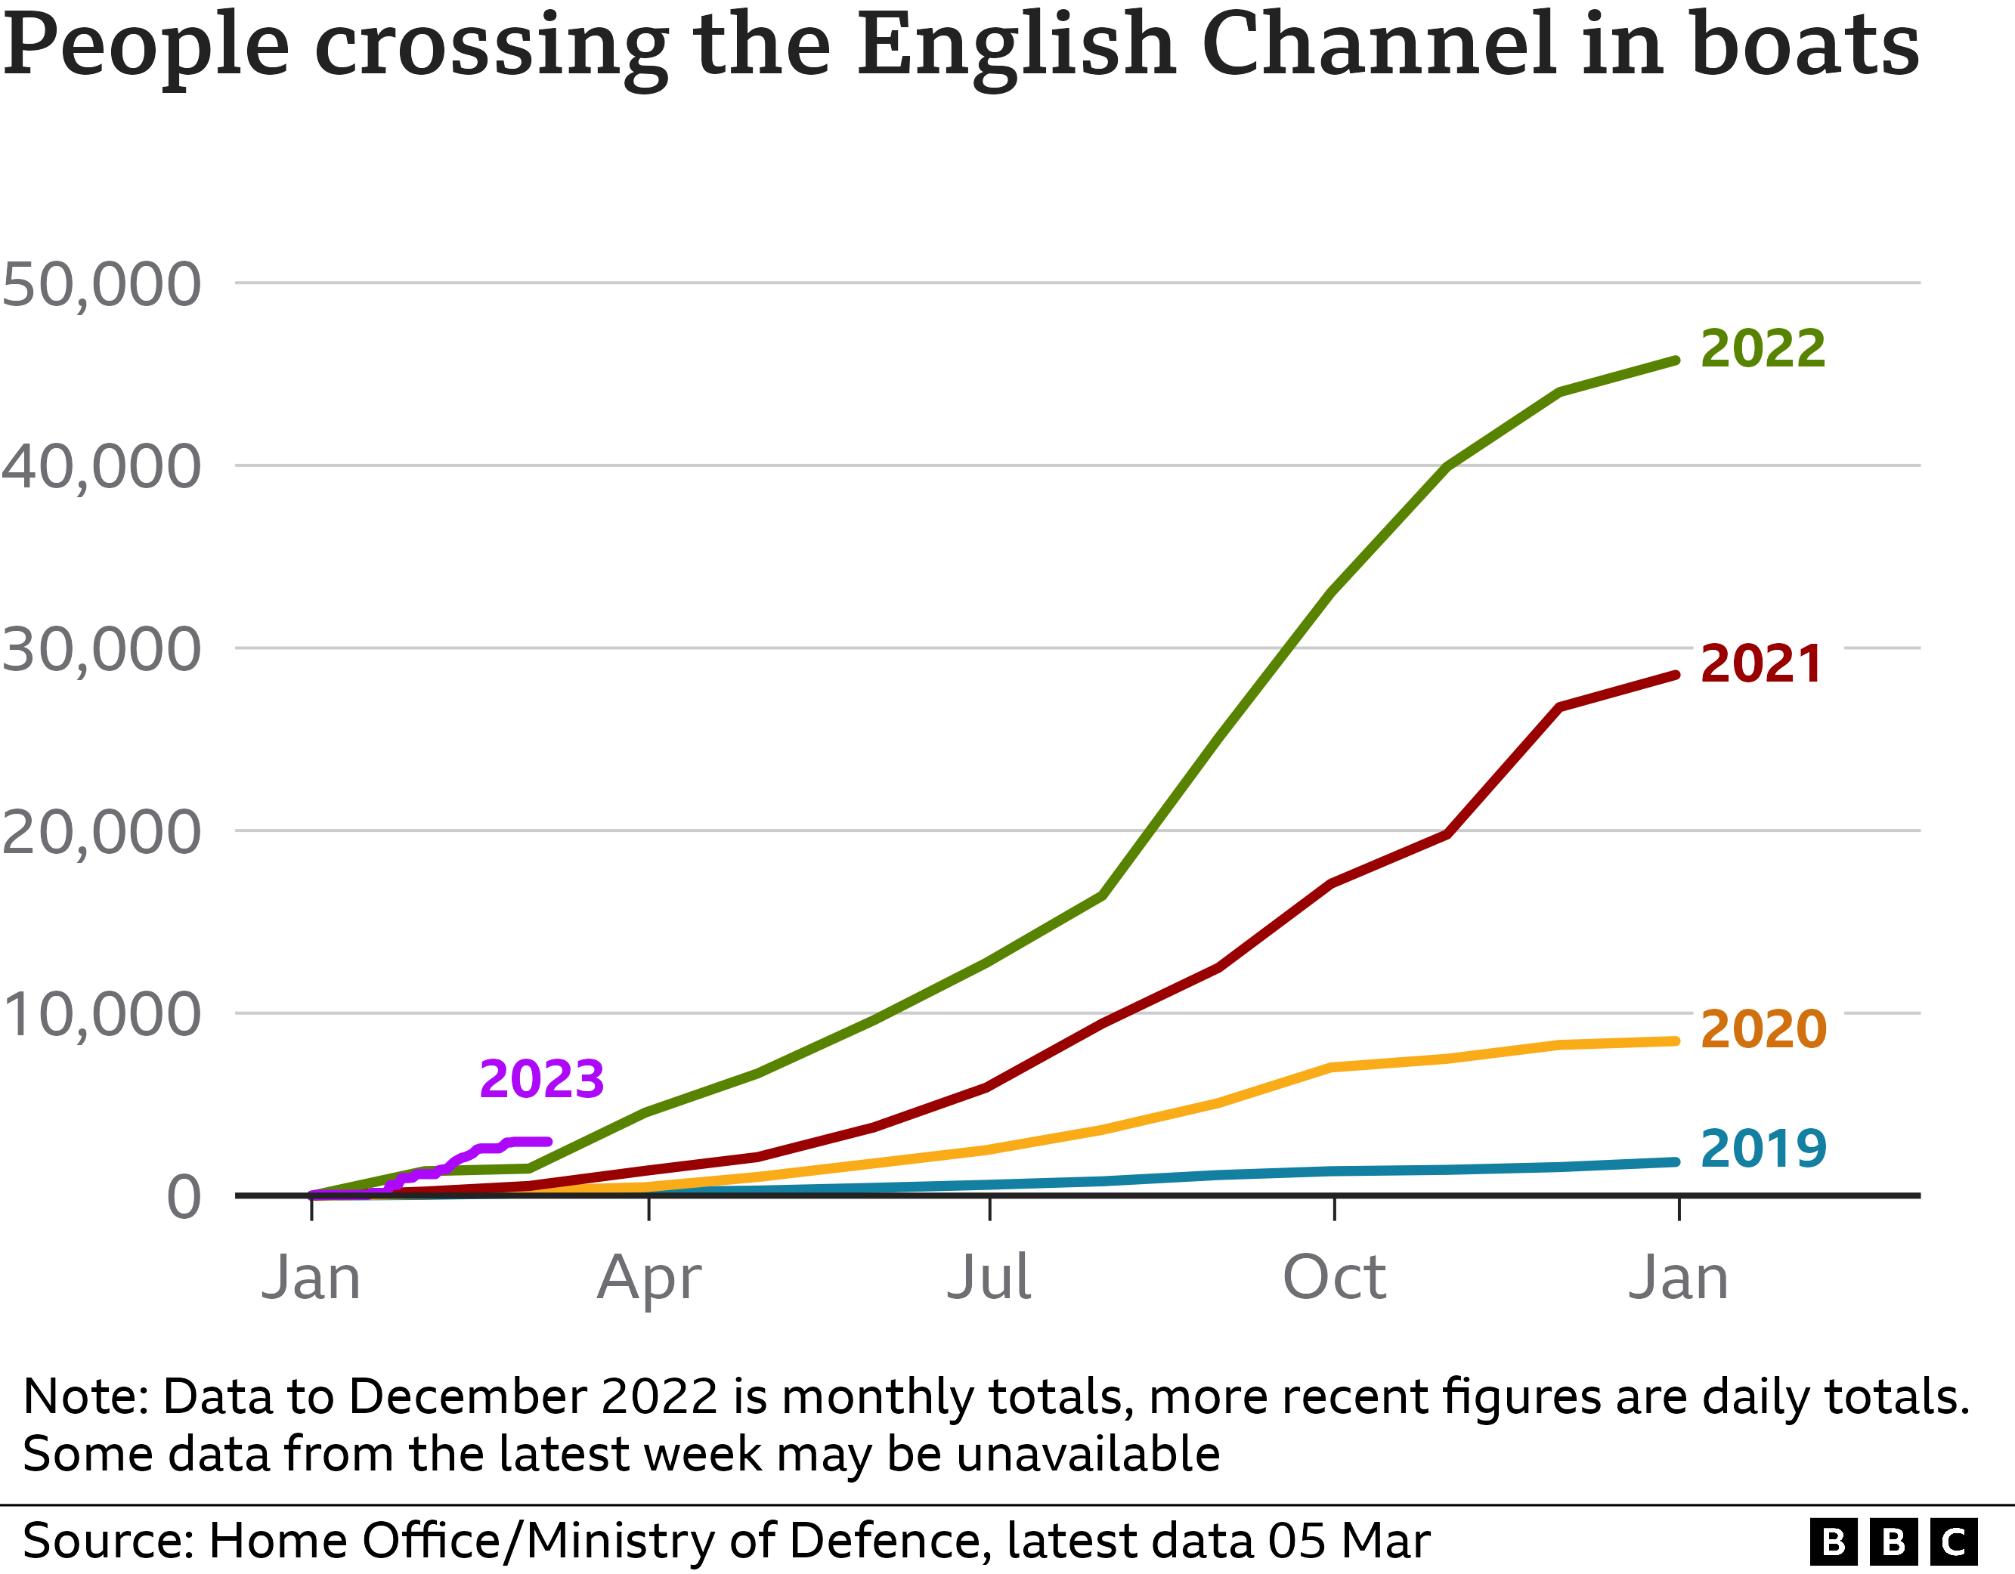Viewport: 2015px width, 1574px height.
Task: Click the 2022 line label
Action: point(1763,349)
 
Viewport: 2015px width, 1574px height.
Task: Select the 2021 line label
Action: point(1760,664)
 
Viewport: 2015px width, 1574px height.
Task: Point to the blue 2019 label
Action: point(1763,1149)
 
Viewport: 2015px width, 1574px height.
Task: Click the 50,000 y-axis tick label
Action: point(101,284)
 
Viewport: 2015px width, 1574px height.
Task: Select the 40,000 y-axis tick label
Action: point(101,467)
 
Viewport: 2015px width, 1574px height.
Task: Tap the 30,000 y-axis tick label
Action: point(101,650)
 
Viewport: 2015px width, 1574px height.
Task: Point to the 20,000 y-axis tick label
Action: point(101,832)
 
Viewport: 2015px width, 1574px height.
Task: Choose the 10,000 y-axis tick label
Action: point(101,1015)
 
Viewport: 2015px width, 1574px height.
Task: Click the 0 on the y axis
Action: point(184,1198)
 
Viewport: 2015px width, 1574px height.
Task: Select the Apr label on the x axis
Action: point(648,1279)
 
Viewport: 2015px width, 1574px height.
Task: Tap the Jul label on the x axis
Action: point(989,1279)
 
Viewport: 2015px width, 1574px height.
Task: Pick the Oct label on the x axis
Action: point(1334,1279)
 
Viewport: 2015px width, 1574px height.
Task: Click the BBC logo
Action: point(1893,1542)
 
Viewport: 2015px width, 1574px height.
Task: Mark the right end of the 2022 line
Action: point(1676,360)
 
